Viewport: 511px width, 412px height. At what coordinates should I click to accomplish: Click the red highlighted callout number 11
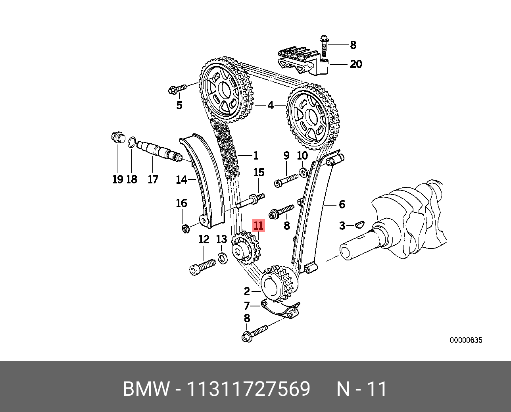(x=258, y=226)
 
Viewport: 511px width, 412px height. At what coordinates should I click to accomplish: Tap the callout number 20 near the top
(x=355, y=64)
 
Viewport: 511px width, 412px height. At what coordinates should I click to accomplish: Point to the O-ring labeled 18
(x=132, y=142)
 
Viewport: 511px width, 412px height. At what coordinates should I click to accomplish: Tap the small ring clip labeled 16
(x=185, y=229)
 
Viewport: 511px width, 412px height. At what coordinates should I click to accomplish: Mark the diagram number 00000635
(x=466, y=340)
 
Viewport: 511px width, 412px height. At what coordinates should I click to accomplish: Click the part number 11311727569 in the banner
(x=248, y=389)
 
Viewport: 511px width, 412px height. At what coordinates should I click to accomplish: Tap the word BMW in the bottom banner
(x=146, y=389)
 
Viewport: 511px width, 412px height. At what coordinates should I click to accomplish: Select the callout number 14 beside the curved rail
(x=181, y=180)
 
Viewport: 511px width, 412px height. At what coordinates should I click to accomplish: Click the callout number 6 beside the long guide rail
(x=342, y=204)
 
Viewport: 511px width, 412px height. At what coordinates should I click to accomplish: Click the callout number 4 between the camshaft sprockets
(x=270, y=106)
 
